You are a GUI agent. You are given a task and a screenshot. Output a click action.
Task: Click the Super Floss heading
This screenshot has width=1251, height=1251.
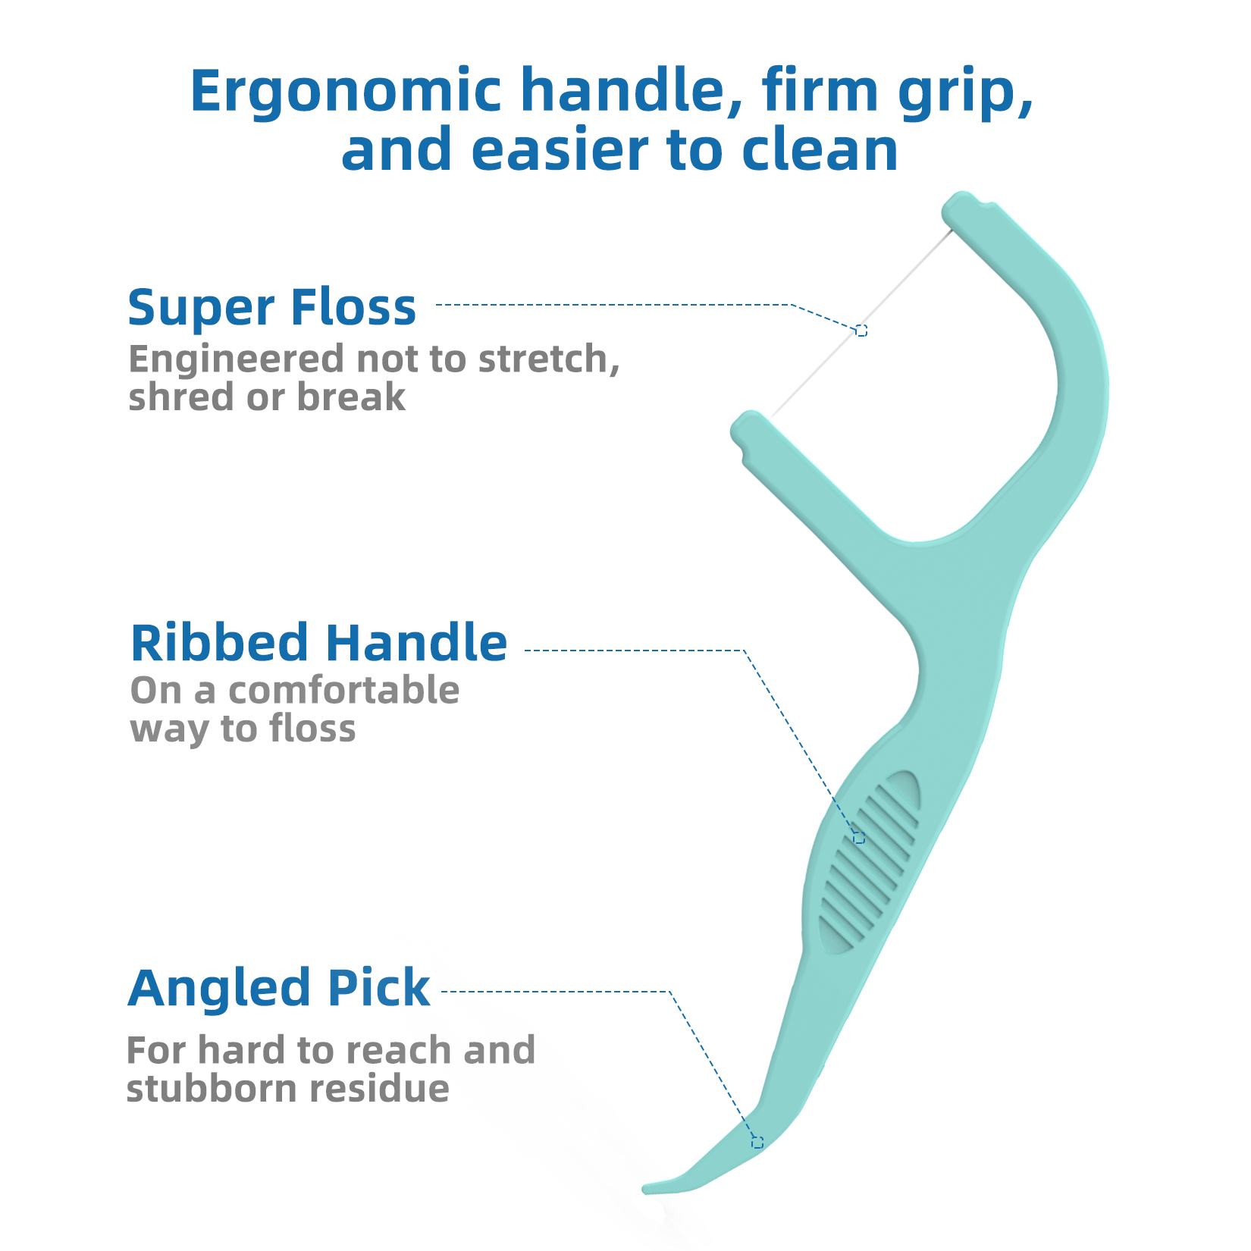(271, 307)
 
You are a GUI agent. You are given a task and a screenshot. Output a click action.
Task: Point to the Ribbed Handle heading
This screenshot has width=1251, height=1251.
(318, 643)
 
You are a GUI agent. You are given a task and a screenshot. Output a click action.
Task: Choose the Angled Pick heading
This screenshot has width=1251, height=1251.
(278, 988)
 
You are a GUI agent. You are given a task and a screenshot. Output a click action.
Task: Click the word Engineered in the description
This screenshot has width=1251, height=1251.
(236, 359)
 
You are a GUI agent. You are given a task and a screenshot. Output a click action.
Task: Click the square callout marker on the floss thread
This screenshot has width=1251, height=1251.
(861, 331)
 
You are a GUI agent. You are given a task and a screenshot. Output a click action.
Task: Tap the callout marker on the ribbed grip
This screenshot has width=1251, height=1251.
(858, 838)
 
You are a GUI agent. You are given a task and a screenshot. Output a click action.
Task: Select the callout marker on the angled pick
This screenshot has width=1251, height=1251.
(757, 1142)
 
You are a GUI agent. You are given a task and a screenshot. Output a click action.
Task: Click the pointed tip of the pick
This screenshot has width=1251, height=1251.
(647, 1188)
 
